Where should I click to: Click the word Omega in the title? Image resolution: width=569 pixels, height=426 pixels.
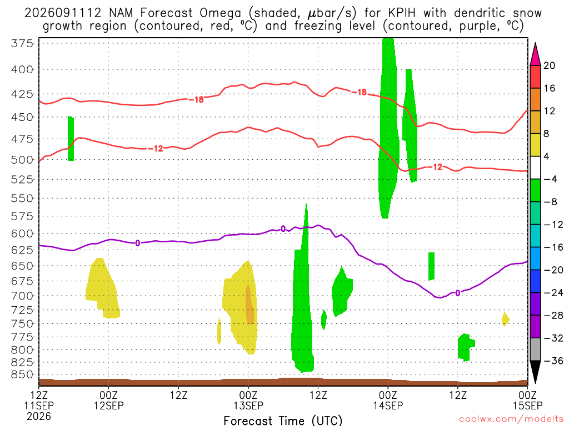tap(220, 14)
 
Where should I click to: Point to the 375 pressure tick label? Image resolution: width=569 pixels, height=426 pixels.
tap(22, 43)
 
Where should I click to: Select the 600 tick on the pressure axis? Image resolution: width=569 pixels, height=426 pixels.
tap(22, 234)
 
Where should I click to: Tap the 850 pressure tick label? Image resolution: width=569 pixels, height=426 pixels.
tap(22, 374)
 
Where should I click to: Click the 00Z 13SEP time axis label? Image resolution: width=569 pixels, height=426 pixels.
tap(248, 400)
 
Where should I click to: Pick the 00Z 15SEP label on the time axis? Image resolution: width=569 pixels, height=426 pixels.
tap(528, 400)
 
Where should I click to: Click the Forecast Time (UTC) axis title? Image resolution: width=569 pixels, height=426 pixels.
tap(283, 420)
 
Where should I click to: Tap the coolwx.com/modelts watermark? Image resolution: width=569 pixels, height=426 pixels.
tap(511, 419)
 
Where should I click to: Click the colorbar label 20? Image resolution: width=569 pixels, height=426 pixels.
tap(549, 65)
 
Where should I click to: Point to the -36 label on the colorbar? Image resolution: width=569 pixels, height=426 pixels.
tap(553, 361)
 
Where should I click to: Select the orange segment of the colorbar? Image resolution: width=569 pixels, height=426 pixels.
tap(535, 100)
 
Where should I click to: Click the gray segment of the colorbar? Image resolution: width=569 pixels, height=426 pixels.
tap(535, 349)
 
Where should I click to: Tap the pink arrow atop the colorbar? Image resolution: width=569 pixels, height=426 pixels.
tap(535, 54)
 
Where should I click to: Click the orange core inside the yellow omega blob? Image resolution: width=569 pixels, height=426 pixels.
tap(249, 305)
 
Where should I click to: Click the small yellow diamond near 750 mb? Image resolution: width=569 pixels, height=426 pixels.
tap(505, 319)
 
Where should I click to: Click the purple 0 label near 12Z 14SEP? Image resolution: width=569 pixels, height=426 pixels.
tap(458, 293)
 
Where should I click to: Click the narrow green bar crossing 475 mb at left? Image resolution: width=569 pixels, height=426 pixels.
tap(71, 138)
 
